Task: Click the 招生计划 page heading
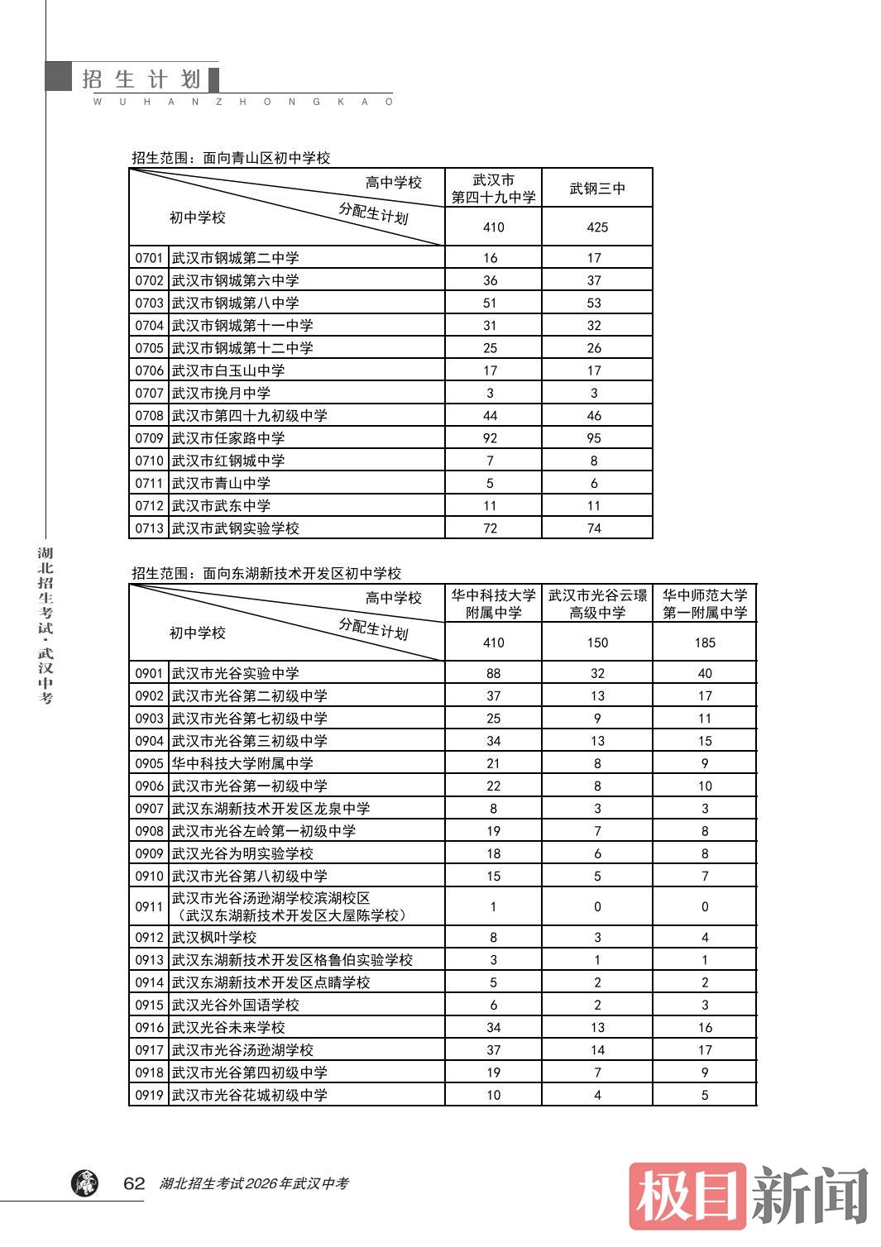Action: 141,79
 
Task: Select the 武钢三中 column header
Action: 597,189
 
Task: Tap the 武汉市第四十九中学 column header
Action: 493,189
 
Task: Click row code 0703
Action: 150,303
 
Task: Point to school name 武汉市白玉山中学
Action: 228,370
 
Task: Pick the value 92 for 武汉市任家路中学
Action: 490,438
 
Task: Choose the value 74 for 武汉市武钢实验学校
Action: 594,528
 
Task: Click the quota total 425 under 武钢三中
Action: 597,227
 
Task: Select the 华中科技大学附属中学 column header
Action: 493,604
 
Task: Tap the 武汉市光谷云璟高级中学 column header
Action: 597,604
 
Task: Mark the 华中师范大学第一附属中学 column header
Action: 705,604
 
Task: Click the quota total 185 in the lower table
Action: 705,643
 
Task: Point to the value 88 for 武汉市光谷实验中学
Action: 493,674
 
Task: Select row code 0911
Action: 150,907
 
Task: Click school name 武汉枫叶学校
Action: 214,938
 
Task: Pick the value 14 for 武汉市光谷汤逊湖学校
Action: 597,1050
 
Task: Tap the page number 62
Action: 134,1183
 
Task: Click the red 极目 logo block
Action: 687,1196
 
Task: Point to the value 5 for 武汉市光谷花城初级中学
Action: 705,1096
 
